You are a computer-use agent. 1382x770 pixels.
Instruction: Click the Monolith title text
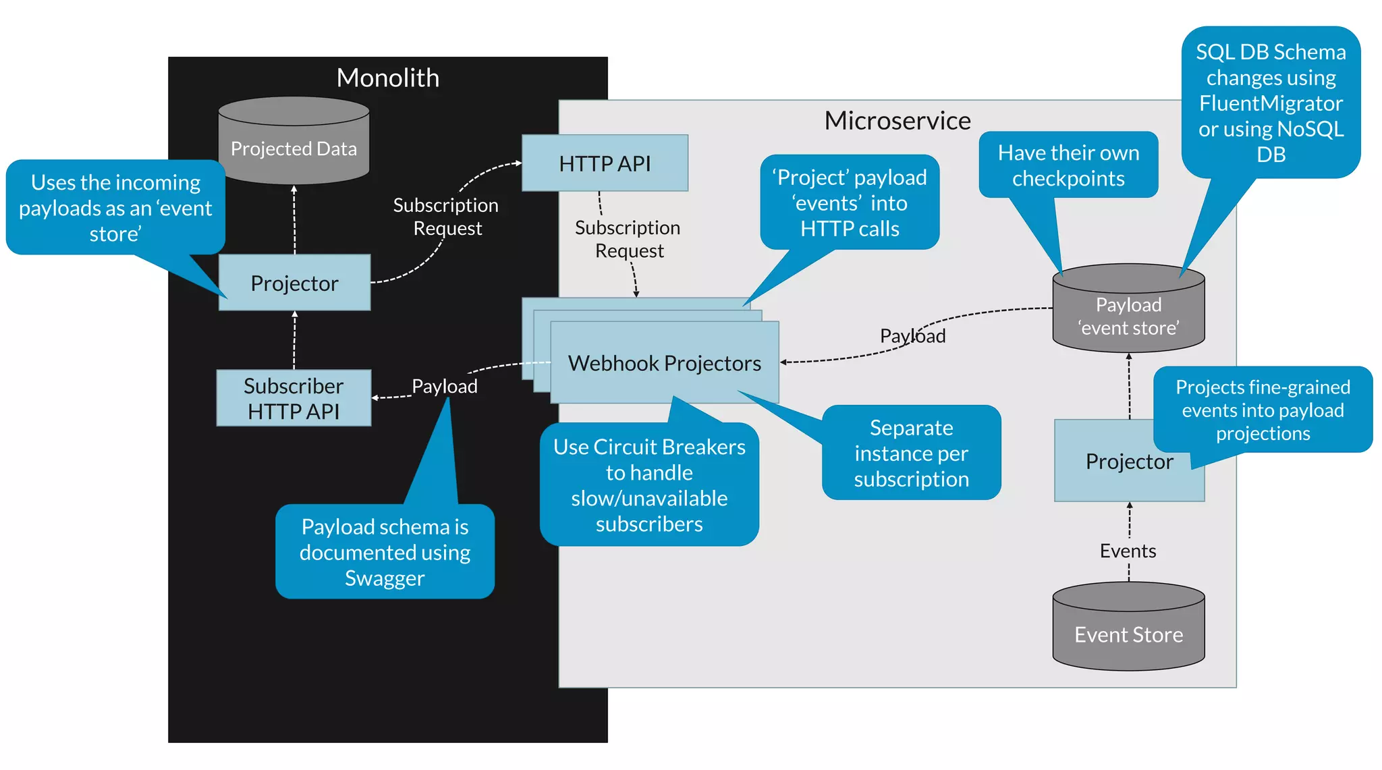[x=388, y=78]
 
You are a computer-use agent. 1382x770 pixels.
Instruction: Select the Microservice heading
[x=897, y=121]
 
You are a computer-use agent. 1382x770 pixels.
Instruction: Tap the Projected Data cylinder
[x=294, y=140]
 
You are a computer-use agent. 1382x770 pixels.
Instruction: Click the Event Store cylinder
[x=1129, y=626]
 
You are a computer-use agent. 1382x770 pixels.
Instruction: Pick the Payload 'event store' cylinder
[x=1129, y=308]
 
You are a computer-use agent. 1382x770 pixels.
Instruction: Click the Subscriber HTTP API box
[x=294, y=398]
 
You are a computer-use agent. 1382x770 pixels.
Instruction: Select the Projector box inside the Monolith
[x=294, y=283]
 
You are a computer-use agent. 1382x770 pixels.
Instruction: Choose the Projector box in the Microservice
[x=1129, y=461]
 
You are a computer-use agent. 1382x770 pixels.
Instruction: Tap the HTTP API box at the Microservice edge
[x=605, y=163]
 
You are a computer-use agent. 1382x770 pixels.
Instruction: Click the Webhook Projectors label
[x=665, y=363]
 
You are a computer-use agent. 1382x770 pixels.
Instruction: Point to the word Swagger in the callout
[x=385, y=578]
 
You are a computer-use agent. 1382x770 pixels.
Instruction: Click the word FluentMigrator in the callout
[x=1271, y=103]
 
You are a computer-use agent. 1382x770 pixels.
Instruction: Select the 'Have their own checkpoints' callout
[x=1068, y=165]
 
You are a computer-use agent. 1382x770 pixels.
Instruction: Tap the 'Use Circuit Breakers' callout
[x=649, y=485]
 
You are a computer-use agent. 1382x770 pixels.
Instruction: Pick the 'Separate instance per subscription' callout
[x=911, y=453]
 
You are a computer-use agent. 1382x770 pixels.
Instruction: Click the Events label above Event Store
[x=1128, y=551]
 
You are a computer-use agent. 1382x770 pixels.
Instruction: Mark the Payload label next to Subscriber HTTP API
[x=445, y=386]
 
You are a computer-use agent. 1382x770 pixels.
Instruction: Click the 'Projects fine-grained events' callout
[x=1263, y=410]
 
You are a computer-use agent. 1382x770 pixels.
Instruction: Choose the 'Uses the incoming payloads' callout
[x=115, y=208]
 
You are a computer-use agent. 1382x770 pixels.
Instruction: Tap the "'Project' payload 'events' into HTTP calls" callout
[x=850, y=202]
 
